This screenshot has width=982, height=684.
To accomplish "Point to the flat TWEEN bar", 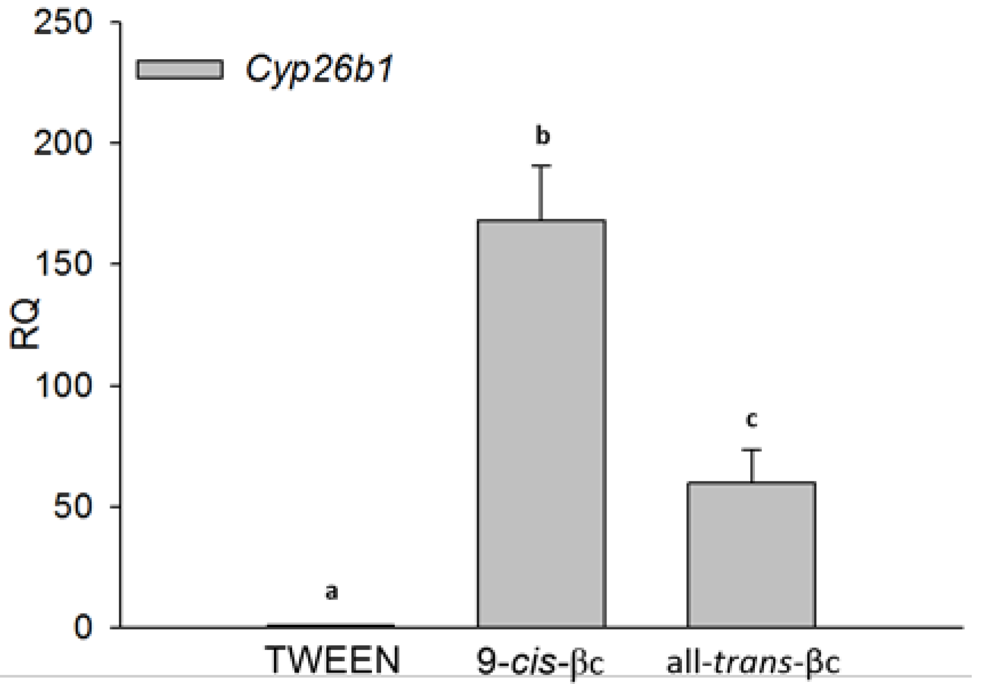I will click(x=331, y=625).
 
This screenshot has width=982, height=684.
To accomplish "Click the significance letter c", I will click(x=751, y=419).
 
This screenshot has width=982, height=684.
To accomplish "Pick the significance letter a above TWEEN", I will click(x=332, y=592).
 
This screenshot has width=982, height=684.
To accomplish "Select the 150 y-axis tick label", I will click(x=63, y=264).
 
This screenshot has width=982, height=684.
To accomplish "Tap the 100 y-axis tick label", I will click(x=63, y=386).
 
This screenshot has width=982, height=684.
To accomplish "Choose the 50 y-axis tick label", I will click(x=72, y=507).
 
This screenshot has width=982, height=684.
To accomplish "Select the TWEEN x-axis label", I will click(x=333, y=661).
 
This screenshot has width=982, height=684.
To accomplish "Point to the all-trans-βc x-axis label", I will click(x=753, y=662).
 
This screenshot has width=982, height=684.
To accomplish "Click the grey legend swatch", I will click(x=180, y=70).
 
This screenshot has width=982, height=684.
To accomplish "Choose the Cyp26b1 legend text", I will click(x=320, y=70).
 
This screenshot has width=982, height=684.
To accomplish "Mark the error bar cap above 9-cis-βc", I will click(x=541, y=165).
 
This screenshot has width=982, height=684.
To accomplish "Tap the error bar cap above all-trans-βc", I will click(x=751, y=450).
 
